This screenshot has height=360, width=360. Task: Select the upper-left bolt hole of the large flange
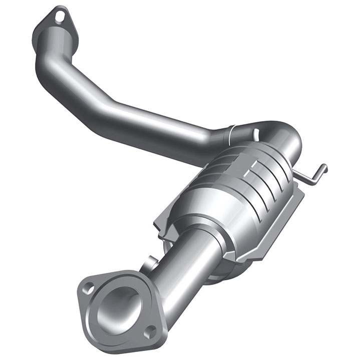[x=88, y=288]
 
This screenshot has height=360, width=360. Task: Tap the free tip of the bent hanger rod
[x=326, y=166]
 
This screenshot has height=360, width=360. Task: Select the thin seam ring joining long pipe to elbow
[x=231, y=134]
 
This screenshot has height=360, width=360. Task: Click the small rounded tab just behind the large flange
[x=150, y=261]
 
